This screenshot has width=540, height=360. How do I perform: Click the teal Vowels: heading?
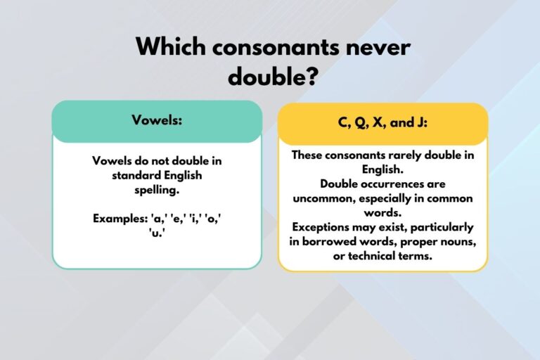coord(157,120)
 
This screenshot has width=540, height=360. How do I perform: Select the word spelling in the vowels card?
coord(157,190)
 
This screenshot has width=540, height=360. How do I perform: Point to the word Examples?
coord(120,219)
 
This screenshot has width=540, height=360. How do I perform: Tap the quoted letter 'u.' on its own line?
coord(157,233)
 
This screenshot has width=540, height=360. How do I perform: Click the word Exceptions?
coord(324,228)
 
